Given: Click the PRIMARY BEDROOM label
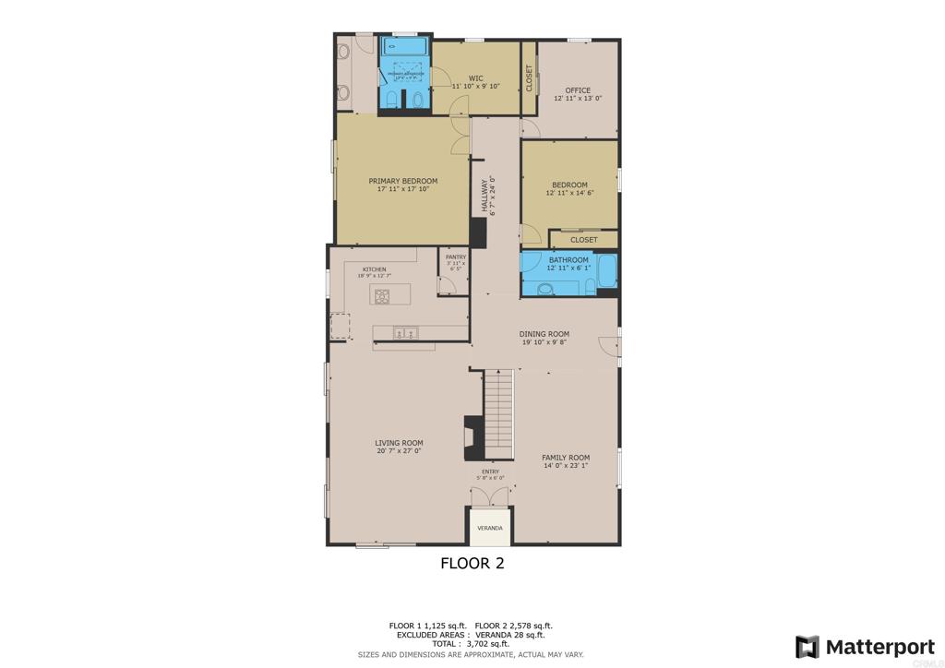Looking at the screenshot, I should point(402,181).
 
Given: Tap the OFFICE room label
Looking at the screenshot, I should point(578,90).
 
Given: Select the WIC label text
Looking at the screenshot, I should point(476,78).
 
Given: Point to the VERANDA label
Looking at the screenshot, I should point(489,528).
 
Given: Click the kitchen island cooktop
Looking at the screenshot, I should point(381,295).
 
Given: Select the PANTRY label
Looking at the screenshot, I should point(456,257).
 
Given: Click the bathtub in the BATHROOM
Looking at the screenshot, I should point(607,272).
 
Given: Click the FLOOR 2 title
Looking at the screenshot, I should point(472,563).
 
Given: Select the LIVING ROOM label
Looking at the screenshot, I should point(399,443).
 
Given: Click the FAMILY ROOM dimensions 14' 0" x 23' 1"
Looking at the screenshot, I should point(566,466).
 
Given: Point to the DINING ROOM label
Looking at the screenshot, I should point(544,334).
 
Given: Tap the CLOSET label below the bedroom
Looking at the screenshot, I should point(583,240).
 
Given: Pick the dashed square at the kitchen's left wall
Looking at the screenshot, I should point(340,326).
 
